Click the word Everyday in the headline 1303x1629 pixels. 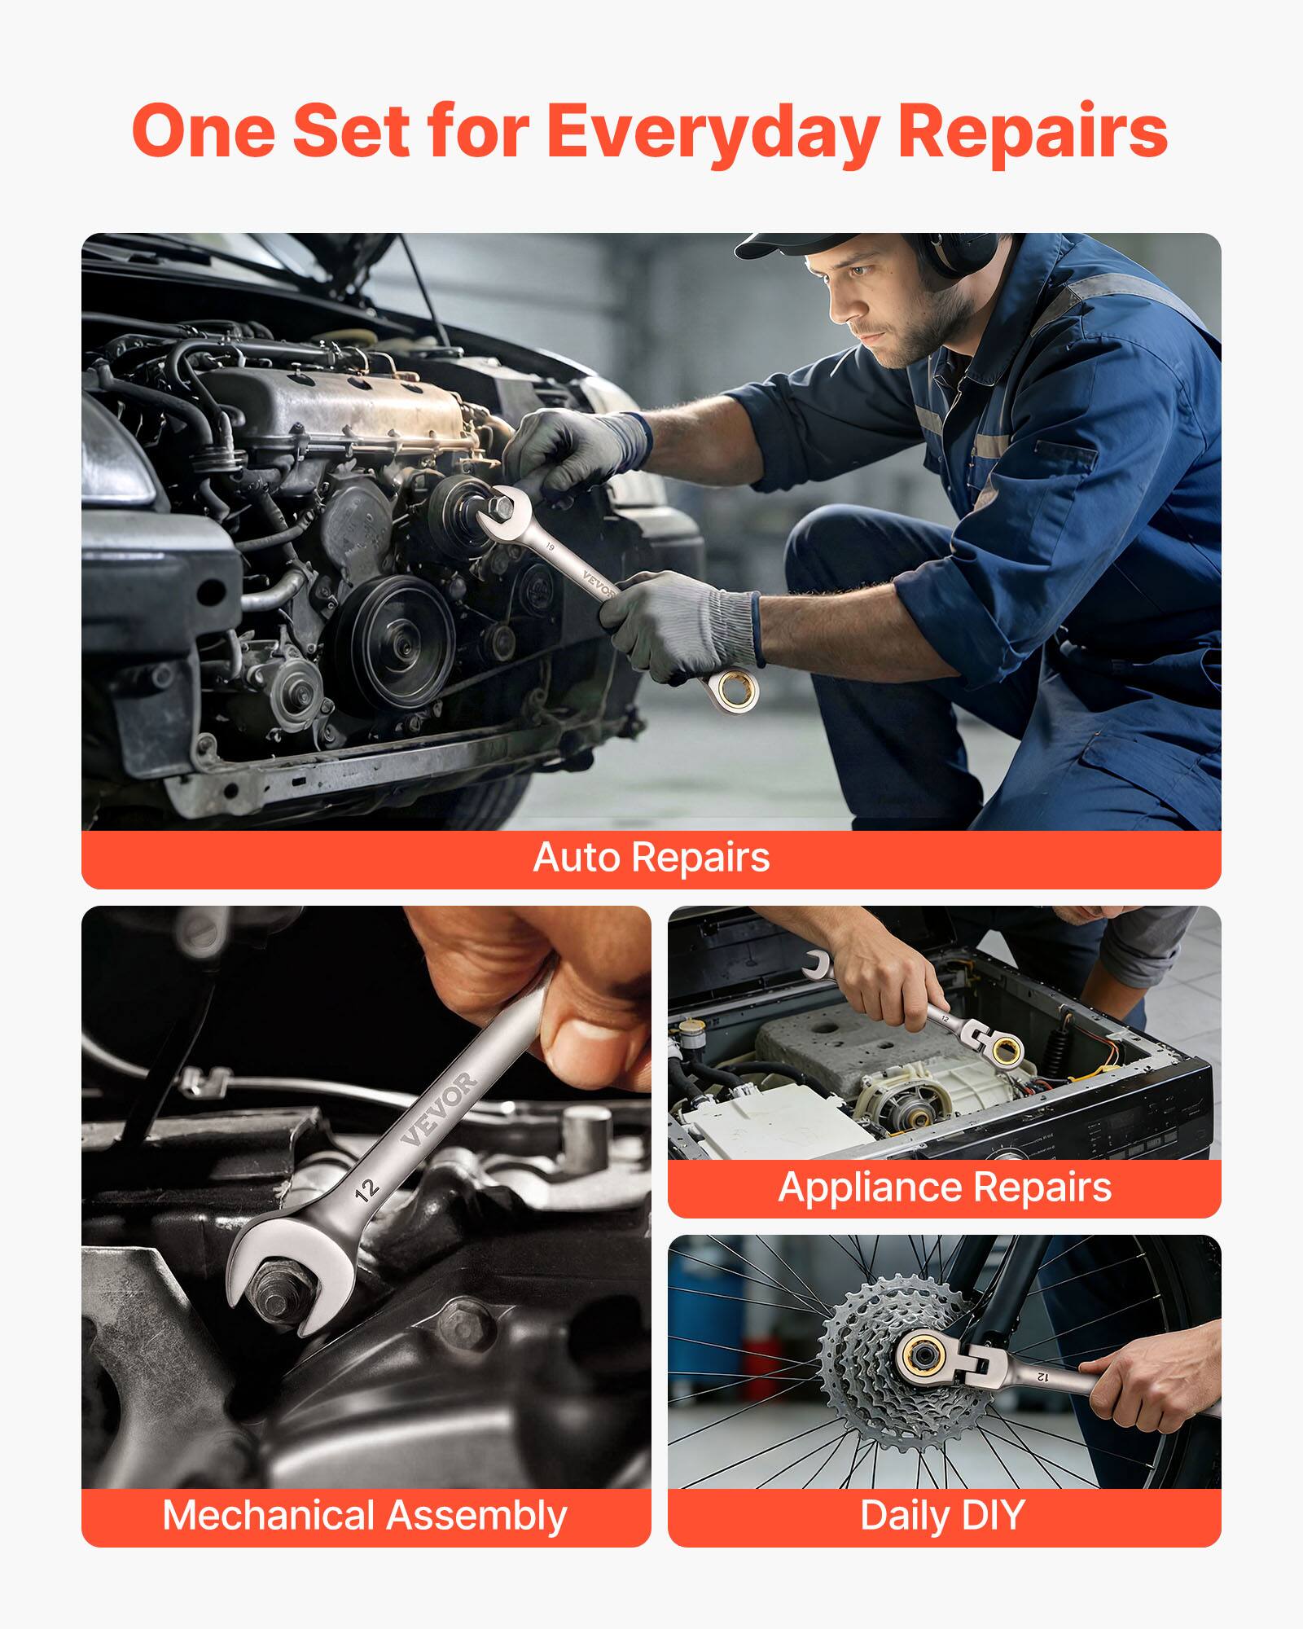point(713,132)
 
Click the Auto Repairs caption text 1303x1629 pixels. point(651,858)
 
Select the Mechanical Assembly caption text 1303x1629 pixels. point(365,1516)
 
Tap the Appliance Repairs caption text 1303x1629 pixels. point(945,1187)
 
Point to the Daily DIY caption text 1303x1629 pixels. point(942,1516)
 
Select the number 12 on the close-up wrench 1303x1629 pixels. point(367,1190)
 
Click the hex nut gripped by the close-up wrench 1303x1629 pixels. point(277,1295)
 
